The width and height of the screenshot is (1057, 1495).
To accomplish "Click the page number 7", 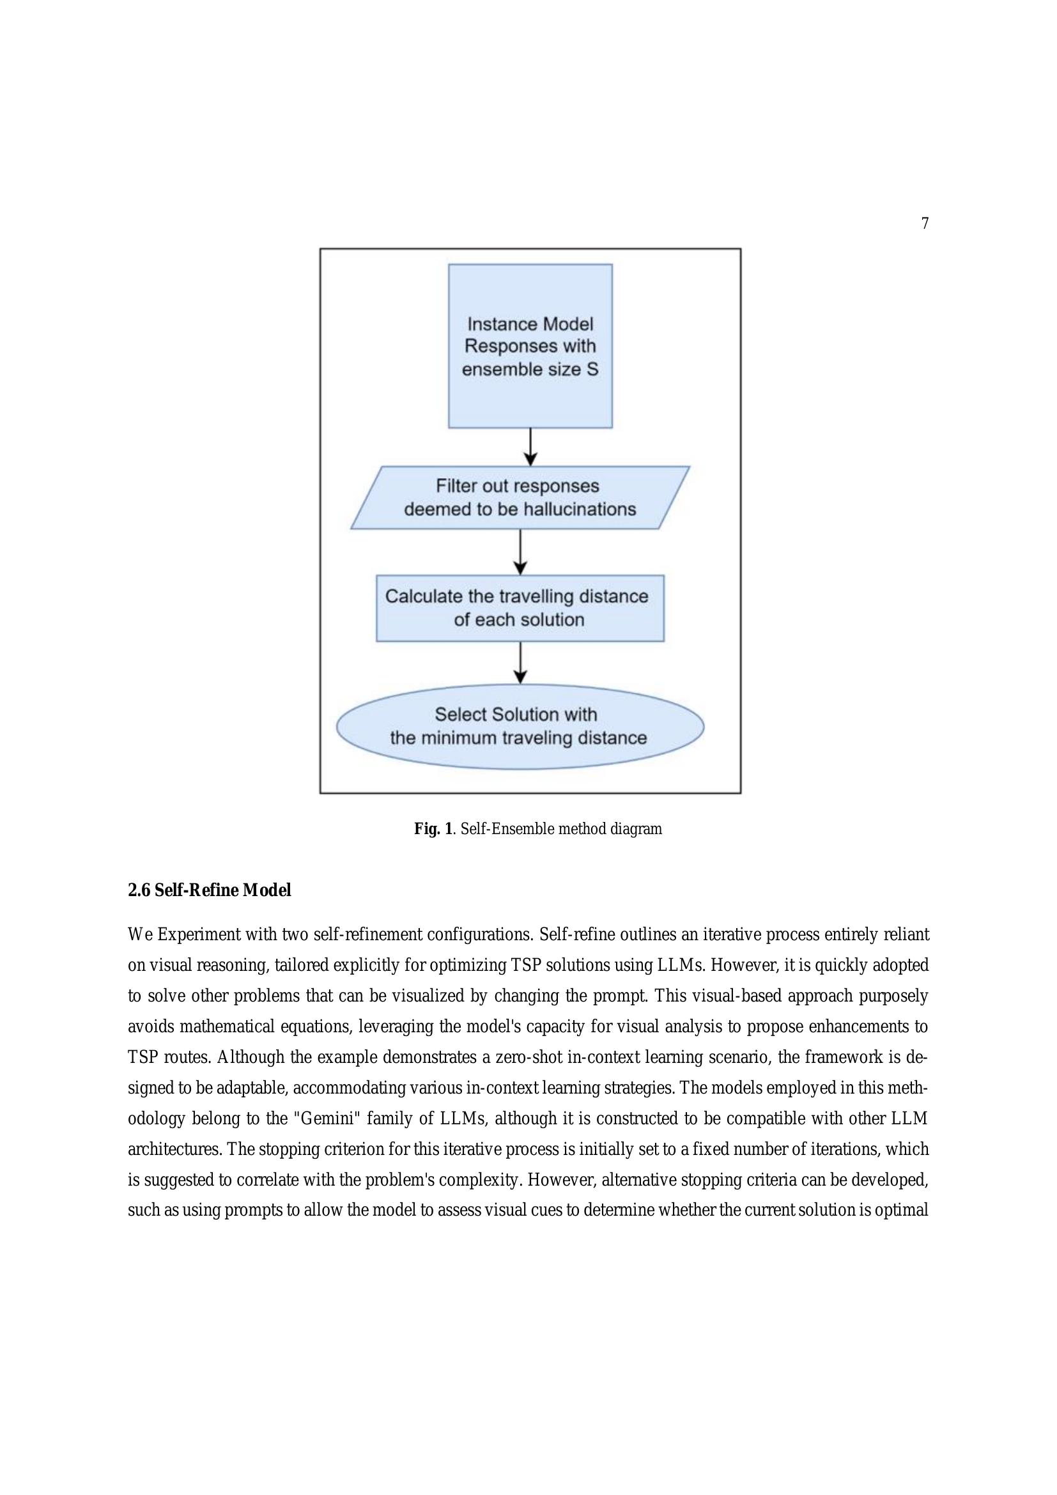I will point(925,223).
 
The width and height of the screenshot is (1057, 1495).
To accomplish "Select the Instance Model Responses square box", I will point(530,346).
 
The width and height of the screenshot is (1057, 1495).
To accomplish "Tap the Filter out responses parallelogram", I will point(520,497).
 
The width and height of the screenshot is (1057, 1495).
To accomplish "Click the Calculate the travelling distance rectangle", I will point(520,607).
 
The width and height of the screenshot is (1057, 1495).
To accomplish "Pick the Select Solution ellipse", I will point(520,726).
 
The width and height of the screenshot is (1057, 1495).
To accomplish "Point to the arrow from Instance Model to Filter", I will point(530,447).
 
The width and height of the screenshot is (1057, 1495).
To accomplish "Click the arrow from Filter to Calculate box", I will point(520,552).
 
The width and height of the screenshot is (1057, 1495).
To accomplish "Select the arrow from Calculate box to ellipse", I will point(520,662).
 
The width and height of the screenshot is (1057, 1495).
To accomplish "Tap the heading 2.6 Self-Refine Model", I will point(209,890).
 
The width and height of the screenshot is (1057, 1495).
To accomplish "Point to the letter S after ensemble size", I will point(592,369).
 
